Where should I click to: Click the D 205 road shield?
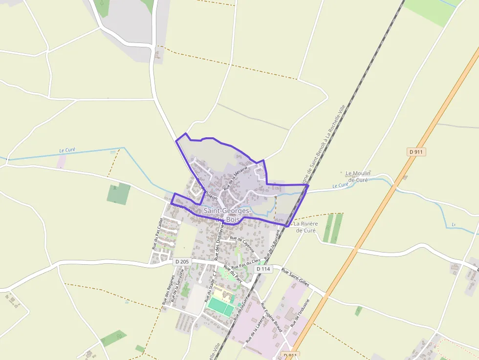181,262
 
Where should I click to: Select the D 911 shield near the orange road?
416,152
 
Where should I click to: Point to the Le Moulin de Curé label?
358,176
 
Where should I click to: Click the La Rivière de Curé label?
306,227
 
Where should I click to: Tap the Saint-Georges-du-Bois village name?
227,215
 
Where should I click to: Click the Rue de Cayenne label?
242,244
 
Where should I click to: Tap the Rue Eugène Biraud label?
271,318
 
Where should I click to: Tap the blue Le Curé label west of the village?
67,150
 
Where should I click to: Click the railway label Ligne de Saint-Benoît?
320,147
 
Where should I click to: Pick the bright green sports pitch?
221,306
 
